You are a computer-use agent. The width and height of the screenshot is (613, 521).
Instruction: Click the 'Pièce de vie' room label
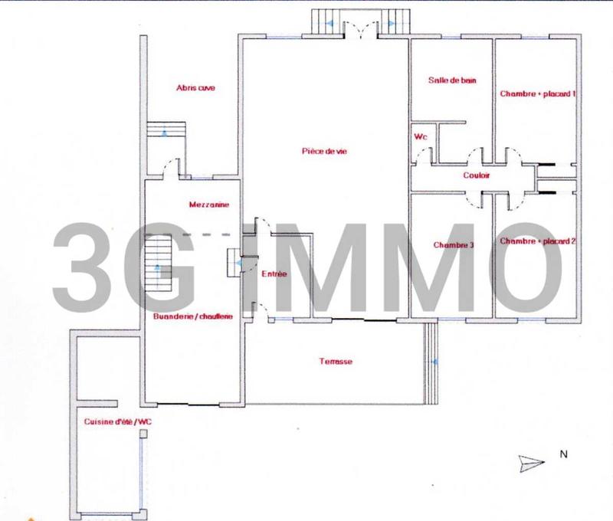tap(324, 151)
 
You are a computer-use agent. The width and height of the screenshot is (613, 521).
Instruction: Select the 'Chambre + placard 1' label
tap(537, 94)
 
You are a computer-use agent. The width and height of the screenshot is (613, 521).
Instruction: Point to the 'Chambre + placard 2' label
tap(537, 241)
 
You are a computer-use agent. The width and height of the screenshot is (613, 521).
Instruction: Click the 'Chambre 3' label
tap(453, 245)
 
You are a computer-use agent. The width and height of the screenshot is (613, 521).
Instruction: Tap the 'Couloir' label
tap(476, 176)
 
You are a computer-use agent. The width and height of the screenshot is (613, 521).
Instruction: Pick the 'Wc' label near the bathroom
tap(420, 136)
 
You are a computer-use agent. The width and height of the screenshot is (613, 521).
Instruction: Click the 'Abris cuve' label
tap(195, 87)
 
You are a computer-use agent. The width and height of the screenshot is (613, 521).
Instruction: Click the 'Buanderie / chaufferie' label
tap(193, 315)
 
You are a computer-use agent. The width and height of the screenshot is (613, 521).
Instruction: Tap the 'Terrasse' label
tap(336, 361)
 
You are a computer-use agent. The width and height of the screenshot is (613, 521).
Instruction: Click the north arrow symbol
tap(531, 462)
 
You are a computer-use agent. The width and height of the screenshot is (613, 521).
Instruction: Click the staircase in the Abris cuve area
tap(166, 130)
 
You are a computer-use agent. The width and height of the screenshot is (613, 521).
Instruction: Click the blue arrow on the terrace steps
tap(434, 362)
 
